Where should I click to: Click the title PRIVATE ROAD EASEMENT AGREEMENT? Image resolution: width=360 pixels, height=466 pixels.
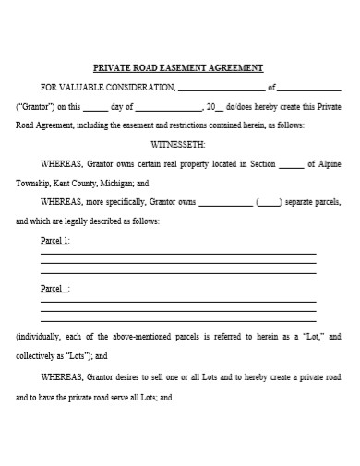pos(179,67)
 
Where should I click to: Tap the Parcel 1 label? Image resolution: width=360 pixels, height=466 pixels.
pos(55,240)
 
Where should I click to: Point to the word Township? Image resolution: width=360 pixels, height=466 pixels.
pos(35,184)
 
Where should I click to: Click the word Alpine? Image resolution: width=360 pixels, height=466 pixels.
pos(329,164)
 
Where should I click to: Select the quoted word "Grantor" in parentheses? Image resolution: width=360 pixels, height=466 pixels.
pos(36,106)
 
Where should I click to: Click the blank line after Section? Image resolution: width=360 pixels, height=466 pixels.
pos(290,165)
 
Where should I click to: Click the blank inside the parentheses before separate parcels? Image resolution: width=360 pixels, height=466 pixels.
pos(269,203)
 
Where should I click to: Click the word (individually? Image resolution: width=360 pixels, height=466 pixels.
pos(41,337)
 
